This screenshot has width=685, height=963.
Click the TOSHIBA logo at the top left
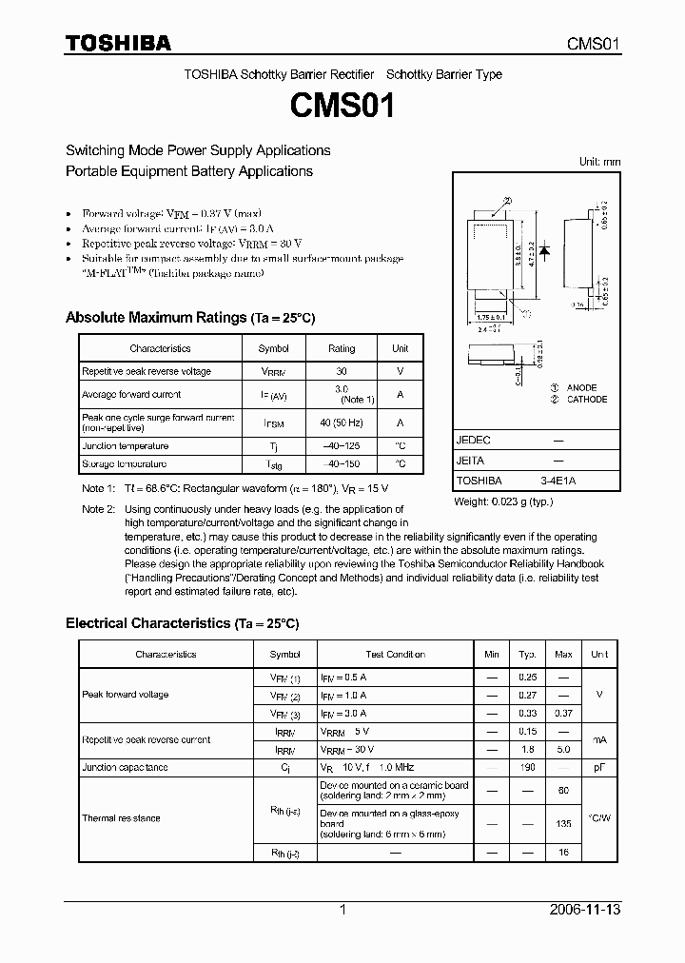click(x=118, y=44)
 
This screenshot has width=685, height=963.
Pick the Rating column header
click(x=342, y=349)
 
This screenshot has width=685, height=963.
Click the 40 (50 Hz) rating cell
click(x=342, y=423)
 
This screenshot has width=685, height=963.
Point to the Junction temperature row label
click(x=125, y=446)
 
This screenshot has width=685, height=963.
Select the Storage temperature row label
click(x=124, y=464)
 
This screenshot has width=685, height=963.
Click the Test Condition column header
click(x=395, y=655)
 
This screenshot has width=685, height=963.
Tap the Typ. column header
click(x=527, y=655)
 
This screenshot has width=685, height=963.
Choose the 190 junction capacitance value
click(x=527, y=767)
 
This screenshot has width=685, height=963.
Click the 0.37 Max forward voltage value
click(x=563, y=713)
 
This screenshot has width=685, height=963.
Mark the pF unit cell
click(x=599, y=767)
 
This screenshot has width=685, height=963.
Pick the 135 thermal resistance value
click(x=563, y=824)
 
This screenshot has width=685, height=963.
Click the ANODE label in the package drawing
click(x=581, y=388)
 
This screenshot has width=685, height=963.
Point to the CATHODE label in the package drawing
click(x=586, y=400)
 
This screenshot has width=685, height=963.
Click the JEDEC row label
click(x=474, y=441)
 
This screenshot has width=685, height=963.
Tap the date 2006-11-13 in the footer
click(x=586, y=910)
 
